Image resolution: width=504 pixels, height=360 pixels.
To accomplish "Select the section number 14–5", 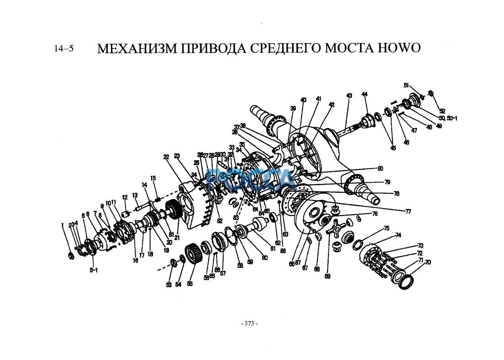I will tap(64, 49).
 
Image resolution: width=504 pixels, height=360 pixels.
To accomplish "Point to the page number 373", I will tap(249, 323).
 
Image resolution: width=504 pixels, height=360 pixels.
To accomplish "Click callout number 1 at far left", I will tap(62, 225).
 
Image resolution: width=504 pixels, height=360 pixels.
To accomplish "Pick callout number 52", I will tap(442, 111).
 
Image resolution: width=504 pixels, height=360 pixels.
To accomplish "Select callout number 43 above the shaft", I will tap(349, 96).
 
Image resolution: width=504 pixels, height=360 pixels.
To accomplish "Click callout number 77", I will tap(407, 211).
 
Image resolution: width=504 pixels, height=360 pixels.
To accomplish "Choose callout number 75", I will tap(386, 228).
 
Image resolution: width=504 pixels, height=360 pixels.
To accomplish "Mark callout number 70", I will tap(428, 262).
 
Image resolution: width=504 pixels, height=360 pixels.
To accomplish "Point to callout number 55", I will tap(190, 284).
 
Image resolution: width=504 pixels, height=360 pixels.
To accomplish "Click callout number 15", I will tap(153, 178).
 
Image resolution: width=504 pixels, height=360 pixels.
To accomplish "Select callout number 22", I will tap(166, 157).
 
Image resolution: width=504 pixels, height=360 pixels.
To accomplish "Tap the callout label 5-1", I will tap(93, 271).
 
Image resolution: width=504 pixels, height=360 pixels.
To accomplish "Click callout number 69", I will tap(327, 276).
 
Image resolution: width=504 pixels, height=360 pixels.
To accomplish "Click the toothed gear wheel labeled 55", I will tap(191, 256).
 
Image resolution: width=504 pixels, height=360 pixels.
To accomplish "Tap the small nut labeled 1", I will tap(71, 255).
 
